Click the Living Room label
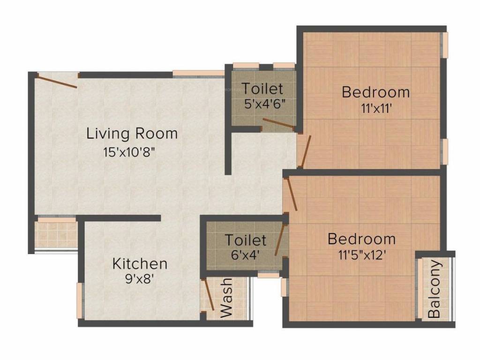[x=132, y=133]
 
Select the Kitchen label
[x=140, y=263]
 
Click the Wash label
[x=226, y=298]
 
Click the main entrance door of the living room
[x=57, y=81]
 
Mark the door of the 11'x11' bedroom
[x=305, y=151]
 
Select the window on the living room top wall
[x=198, y=73]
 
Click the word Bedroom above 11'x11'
[x=375, y=92]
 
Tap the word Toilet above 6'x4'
[x=246, y=240]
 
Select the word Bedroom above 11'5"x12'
[x=361, y=239]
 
